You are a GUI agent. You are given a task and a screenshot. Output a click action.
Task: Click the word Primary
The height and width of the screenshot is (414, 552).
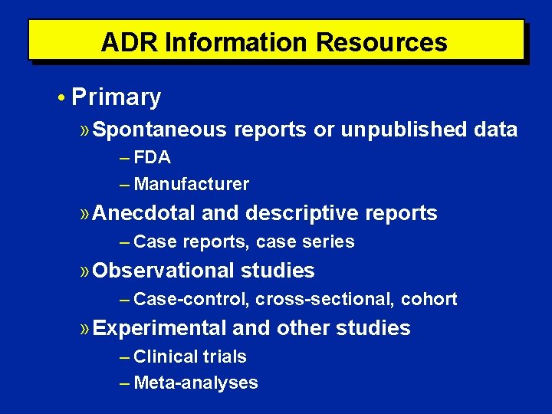[x=116, y=97]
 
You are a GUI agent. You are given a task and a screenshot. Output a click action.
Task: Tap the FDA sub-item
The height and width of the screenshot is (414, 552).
[x=152, y=158]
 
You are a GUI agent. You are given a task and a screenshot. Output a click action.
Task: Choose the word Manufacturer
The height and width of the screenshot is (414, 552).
[x=191, y=184]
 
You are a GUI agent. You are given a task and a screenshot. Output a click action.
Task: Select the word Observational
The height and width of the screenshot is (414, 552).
[x=163, y=271]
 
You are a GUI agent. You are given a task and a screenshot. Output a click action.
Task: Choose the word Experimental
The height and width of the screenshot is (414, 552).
[x=159, y=328]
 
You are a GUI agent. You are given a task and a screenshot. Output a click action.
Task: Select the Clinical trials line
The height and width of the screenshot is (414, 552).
[x=189, y=356]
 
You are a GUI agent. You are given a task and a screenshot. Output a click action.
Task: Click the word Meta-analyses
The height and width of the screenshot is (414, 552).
[x=195, y=383]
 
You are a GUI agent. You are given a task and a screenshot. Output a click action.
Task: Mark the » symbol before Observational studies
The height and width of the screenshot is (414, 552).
[x=85, y=271]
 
